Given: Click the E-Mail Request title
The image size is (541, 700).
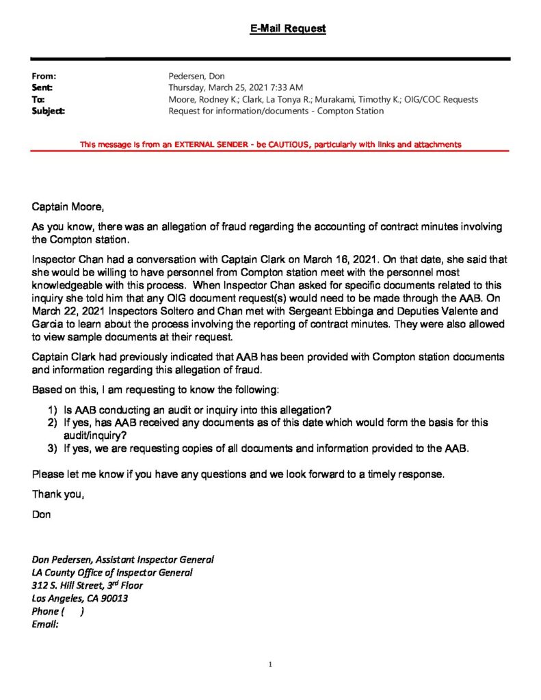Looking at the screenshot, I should (287, 29).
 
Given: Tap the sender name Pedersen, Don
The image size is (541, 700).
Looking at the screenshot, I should (197, 77).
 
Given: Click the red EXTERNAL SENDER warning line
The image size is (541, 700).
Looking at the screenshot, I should (270, 144).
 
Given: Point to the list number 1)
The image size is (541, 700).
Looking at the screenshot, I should (53, 410).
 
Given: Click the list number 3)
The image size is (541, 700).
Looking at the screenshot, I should (53, 448).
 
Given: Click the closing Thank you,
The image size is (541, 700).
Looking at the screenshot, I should (58, 495).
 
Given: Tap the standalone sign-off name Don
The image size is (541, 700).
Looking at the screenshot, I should (41, 514).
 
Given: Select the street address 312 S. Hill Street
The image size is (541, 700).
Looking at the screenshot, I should (71, 585).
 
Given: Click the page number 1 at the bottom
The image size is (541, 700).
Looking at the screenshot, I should (271, 664).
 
